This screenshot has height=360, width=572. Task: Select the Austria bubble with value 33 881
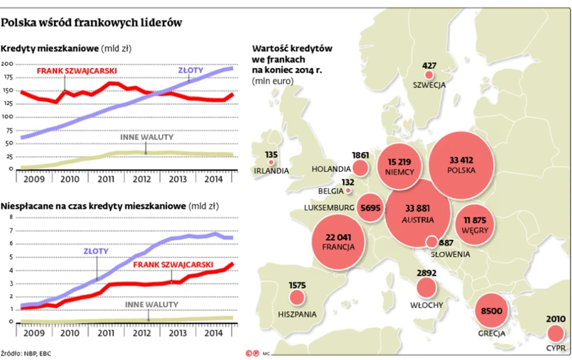418,212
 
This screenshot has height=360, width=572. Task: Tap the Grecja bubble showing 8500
492,313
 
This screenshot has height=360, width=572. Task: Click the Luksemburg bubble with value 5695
372,207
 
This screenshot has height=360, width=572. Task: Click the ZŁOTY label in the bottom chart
97,249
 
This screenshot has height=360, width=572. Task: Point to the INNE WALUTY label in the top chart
146,137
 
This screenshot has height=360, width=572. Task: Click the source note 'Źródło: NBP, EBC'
26,352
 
